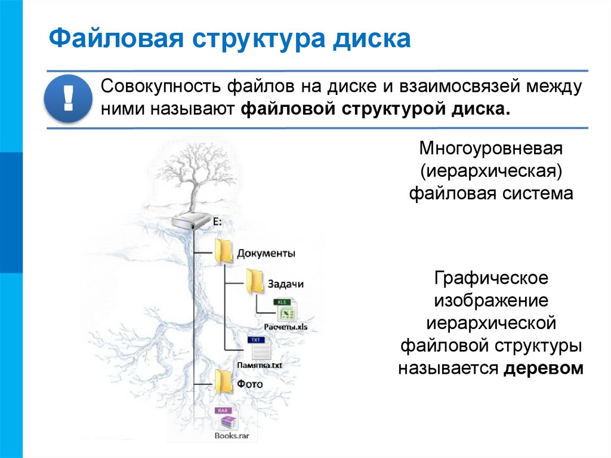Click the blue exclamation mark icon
[x=67, y=98]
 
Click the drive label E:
[x=217, y=222]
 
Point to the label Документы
[x=266, y=253]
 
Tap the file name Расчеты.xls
[x=286, y=327]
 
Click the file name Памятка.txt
[x=259, y=364]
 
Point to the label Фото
[x=249, y=384]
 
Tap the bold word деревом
[x=543, y=368]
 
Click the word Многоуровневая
[x=491, y=147]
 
